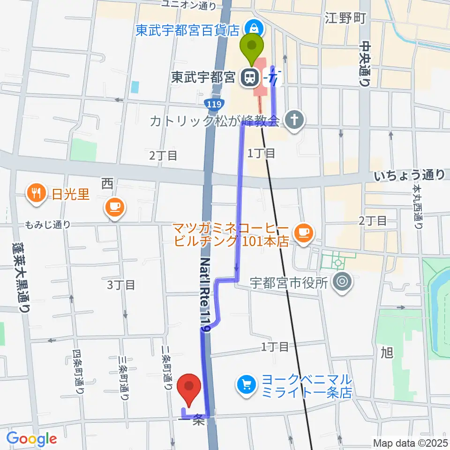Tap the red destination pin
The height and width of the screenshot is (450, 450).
(189, 389)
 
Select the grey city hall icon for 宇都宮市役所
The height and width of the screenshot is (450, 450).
(342, 282)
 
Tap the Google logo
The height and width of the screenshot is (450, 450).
(31, 439)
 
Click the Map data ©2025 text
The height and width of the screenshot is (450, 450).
(410, 442)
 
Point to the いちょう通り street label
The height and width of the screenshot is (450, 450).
(410, 176)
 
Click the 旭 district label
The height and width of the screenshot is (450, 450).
(387, 352)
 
